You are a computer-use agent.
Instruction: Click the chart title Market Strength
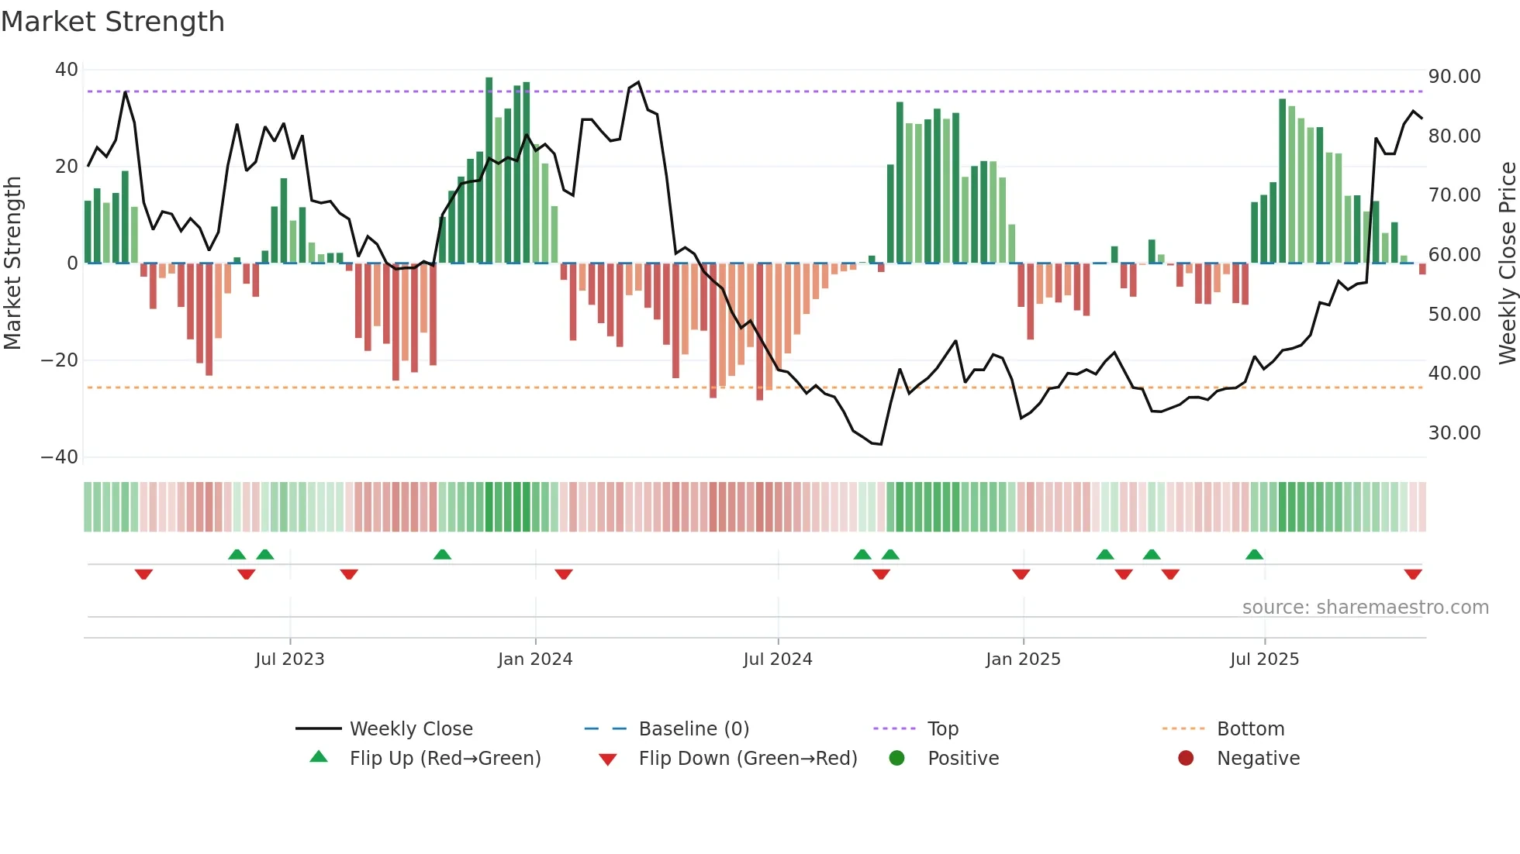[x=112, y=22]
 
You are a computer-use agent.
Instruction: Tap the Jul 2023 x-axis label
[x=290, y=659]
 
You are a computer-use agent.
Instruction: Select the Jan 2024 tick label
[x=535, y=659]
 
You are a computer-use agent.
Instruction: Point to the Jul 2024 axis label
[x=778, y=659]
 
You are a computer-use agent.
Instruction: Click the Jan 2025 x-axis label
[x=1023, y=659]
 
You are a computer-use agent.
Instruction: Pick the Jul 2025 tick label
[x=1264, y=659]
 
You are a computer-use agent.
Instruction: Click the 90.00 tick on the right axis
[x=1454, y=77]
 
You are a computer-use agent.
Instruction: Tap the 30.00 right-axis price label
[x=1454, y=433]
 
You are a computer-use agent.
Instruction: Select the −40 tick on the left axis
[x=60, y=457]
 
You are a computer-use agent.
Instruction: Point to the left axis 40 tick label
[x=66, y=70]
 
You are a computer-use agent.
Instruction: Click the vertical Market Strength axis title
[x=13, y=263]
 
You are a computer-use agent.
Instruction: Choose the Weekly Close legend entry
[x=410, y=729]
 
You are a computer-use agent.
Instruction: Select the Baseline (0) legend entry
[x=693, y=729]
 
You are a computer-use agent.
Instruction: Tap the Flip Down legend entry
[x=747, y=759]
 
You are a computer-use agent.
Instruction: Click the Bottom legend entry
[x=1250, y=729]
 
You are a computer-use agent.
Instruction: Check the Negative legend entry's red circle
[x=1186, y=759]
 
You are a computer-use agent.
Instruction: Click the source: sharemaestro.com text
[x=1365, y=608]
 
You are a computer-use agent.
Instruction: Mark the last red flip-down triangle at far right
[x=1413, y=574]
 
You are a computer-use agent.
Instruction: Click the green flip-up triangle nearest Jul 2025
[x=1254, y=554]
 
